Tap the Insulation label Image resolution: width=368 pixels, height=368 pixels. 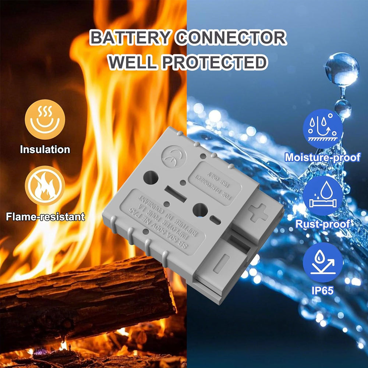tap(45, 150)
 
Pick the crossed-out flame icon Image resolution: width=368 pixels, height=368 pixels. tap(45, 185)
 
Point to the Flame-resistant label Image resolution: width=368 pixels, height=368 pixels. tap(45, 216)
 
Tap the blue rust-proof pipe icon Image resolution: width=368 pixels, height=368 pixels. tap(322, 195)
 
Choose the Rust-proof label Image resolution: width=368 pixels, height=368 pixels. tap(322, 224)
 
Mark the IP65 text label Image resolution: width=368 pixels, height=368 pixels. tap(322, 290)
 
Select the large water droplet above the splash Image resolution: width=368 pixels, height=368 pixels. tap(342, 70)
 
